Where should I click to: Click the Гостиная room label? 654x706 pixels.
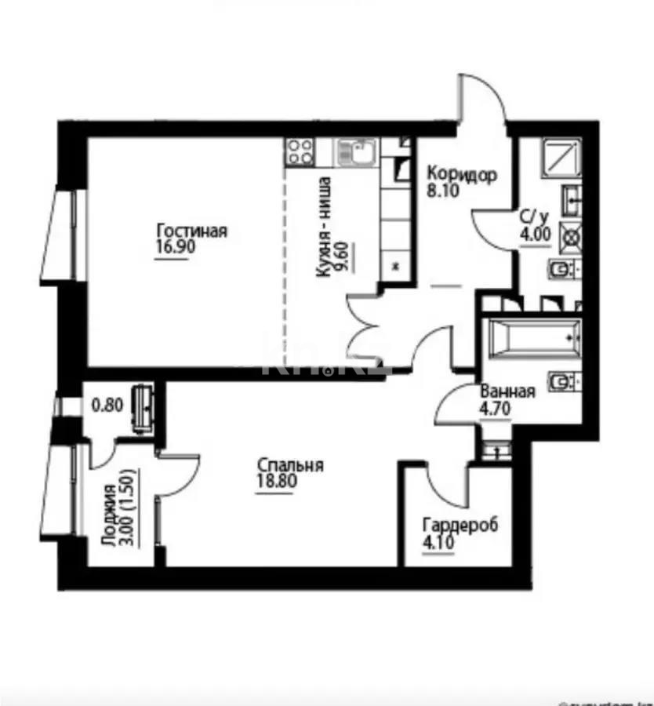pos(191,231)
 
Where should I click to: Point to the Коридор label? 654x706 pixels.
pos(461,174)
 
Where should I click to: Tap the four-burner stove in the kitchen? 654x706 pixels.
pos(299,151)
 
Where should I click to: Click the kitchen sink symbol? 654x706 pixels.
pos(357,151)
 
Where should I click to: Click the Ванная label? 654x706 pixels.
pos(507,392)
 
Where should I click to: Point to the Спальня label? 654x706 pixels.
pos(290,466)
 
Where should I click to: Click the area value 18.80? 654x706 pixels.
pos(276,482)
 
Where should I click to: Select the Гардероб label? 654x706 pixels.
pos(460,525)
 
